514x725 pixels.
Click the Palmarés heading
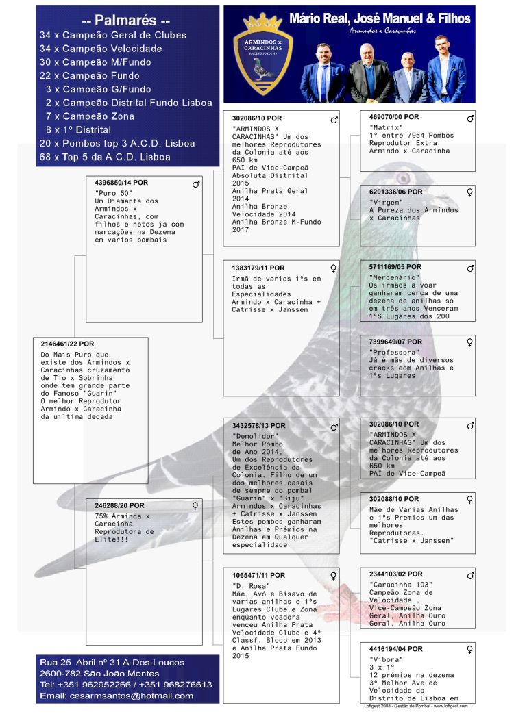click(127, 21)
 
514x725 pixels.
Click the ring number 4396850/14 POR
click(121, 183)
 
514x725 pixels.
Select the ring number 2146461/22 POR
click(67, 344)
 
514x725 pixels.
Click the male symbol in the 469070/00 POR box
click(470, 118)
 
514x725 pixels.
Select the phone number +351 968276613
click(175, 684)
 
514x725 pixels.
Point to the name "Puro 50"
click(111, 193)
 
